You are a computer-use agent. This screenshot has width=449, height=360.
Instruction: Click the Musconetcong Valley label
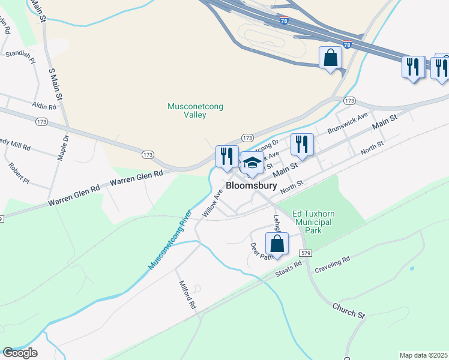[x=195, y=110]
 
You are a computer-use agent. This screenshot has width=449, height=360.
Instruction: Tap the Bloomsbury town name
[x=251, y=186]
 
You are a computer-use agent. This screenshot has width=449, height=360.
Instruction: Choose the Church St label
[x=349, y=310]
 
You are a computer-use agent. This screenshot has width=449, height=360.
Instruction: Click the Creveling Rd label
[x=337, y=263]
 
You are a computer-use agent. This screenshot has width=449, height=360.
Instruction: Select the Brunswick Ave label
[x=347, y=124]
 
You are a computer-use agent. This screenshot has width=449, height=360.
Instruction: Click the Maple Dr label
[x=62, y=147]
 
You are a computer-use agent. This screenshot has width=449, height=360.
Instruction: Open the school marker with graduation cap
[x=252, y=163]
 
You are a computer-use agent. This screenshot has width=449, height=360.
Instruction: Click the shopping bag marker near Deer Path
[x=277, y=244]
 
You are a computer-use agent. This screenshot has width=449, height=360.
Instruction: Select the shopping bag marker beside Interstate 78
[x=330, y=58]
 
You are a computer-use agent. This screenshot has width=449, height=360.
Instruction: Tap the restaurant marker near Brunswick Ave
[x=302, y=145]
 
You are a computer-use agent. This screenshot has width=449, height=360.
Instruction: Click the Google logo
[x=20, y=353]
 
